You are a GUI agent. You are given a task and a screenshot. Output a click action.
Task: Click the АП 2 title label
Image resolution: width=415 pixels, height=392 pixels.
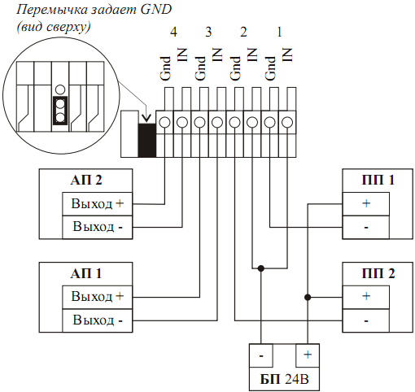(x=86, y=180)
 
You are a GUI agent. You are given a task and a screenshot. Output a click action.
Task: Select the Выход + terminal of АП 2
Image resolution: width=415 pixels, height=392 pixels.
(x=98, y=204)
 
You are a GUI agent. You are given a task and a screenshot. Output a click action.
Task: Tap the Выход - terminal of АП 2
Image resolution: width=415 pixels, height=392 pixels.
(x=98, y=227)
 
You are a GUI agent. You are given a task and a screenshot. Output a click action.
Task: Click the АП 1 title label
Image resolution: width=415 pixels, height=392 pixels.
(x=86, y=273)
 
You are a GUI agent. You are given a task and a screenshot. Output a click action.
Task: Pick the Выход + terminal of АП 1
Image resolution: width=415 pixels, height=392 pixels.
(x=98, y=297)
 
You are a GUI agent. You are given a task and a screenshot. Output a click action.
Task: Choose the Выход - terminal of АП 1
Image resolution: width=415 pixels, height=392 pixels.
(x=98, y=320)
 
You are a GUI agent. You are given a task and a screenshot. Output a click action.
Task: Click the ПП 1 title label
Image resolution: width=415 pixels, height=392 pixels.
(x=378, y=180)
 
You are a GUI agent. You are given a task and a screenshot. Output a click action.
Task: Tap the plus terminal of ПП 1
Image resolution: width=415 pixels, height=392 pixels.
(x=366, y=204)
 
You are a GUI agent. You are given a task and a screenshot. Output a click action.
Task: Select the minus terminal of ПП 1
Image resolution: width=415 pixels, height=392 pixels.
(x=366, y=227)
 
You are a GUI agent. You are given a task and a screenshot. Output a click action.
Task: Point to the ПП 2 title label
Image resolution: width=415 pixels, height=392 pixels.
(x=378, y=273)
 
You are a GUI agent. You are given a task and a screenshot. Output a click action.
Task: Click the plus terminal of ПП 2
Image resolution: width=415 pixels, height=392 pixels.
(x=366, y=297)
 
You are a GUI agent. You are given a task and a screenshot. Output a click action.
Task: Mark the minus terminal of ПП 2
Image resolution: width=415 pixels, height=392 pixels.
(x=366, y=320)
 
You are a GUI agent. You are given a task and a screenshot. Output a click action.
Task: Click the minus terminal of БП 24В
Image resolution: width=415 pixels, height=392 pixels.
(x=261, y=355)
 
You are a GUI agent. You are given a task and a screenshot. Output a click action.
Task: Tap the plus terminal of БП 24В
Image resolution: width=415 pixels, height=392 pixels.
(x=308, y=355)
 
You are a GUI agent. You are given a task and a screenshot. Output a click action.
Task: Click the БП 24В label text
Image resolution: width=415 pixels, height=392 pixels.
(x=284, y=379)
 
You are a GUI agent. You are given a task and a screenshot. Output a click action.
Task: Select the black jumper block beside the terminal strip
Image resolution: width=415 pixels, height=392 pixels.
(x=146, y=140)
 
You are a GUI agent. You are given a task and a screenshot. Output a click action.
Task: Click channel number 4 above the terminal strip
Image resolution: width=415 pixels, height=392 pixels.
(x=173, y=32)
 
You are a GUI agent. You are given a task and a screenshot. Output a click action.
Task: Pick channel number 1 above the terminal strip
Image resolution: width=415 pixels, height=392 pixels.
(x=279, y=32)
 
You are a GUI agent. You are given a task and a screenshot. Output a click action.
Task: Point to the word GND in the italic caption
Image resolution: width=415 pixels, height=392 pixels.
(x=156, y=10)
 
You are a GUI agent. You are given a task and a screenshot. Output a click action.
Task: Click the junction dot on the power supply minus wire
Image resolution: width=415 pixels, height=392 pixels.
(x=261, y=268)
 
